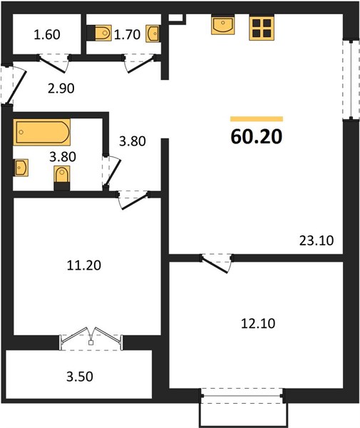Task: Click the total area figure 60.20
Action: click(x=257, y=136)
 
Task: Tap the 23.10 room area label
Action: click(x=317, y=241)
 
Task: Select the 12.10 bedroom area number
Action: click(x=258, y=323)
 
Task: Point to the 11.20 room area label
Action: click(x=83, y=265)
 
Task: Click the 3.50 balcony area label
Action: click(x=80, y=377)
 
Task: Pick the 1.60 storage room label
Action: click(x=47, y=35)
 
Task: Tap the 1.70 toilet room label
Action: click(x=127, y=35)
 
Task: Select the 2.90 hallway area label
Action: click(x=61, y=88)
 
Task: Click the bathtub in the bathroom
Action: click(x=42, y=132)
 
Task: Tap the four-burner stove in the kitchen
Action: click(x=262, y=28)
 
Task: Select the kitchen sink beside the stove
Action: click(x=223, y=25)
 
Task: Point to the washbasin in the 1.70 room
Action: click(x=153, y=34)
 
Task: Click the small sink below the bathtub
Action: click(x=21, y=168)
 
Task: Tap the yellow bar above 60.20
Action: click(x=257, y=118)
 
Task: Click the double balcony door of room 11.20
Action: click(x=91, y=338)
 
